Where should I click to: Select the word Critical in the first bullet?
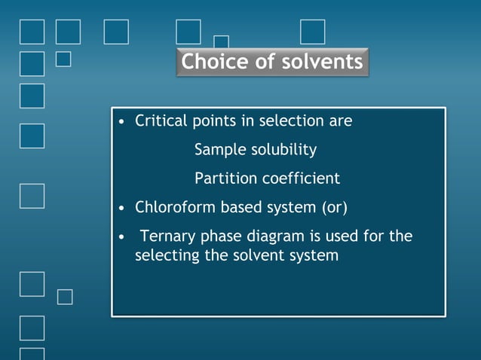pos(159,121)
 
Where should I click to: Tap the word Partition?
pos(223,178)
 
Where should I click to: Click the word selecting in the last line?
pos(167,255)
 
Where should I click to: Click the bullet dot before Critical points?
pos(121,121)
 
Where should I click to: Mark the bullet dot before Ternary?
pos(121,237)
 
